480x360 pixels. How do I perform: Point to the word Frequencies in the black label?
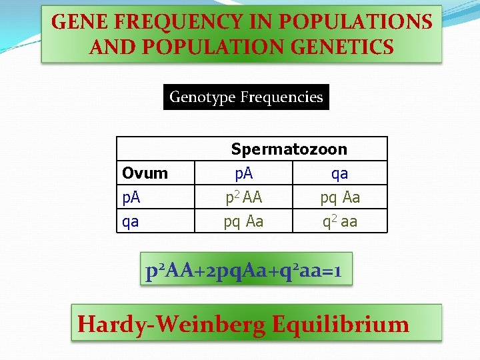click(281, 97)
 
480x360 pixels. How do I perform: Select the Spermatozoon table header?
click(289, 149)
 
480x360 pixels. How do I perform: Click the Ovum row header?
click(145, 173)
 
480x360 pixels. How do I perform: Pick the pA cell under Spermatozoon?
click(243, 173)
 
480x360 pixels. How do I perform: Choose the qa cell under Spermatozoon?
click(339, 173)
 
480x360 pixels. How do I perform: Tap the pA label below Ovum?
click(131, 197)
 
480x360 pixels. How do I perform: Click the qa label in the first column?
click(131, 221)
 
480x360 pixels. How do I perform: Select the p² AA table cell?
click(243, 197)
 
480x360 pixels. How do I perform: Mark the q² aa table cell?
click(339, 221)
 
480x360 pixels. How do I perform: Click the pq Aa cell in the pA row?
click(339, 197)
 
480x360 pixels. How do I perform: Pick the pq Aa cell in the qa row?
click(243, 221)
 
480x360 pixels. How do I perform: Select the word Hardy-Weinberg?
click(172, 324)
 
